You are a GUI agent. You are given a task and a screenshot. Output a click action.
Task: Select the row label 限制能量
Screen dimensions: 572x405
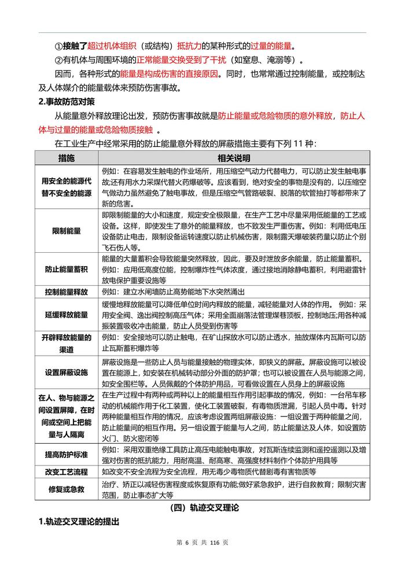66,231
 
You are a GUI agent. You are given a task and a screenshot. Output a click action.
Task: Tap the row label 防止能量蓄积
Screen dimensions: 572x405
66,269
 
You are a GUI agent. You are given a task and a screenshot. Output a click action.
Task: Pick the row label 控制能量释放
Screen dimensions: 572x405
66,292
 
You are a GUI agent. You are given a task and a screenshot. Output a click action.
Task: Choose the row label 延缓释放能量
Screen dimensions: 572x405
66,315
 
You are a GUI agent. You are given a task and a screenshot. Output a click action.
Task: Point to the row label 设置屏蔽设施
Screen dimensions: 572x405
66,372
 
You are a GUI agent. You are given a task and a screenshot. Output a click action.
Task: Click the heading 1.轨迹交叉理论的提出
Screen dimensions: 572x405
78,522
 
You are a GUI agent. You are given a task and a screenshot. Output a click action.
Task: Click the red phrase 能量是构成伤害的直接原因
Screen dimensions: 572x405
161,75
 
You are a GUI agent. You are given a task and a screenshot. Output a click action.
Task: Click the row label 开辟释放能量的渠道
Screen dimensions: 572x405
66,343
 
